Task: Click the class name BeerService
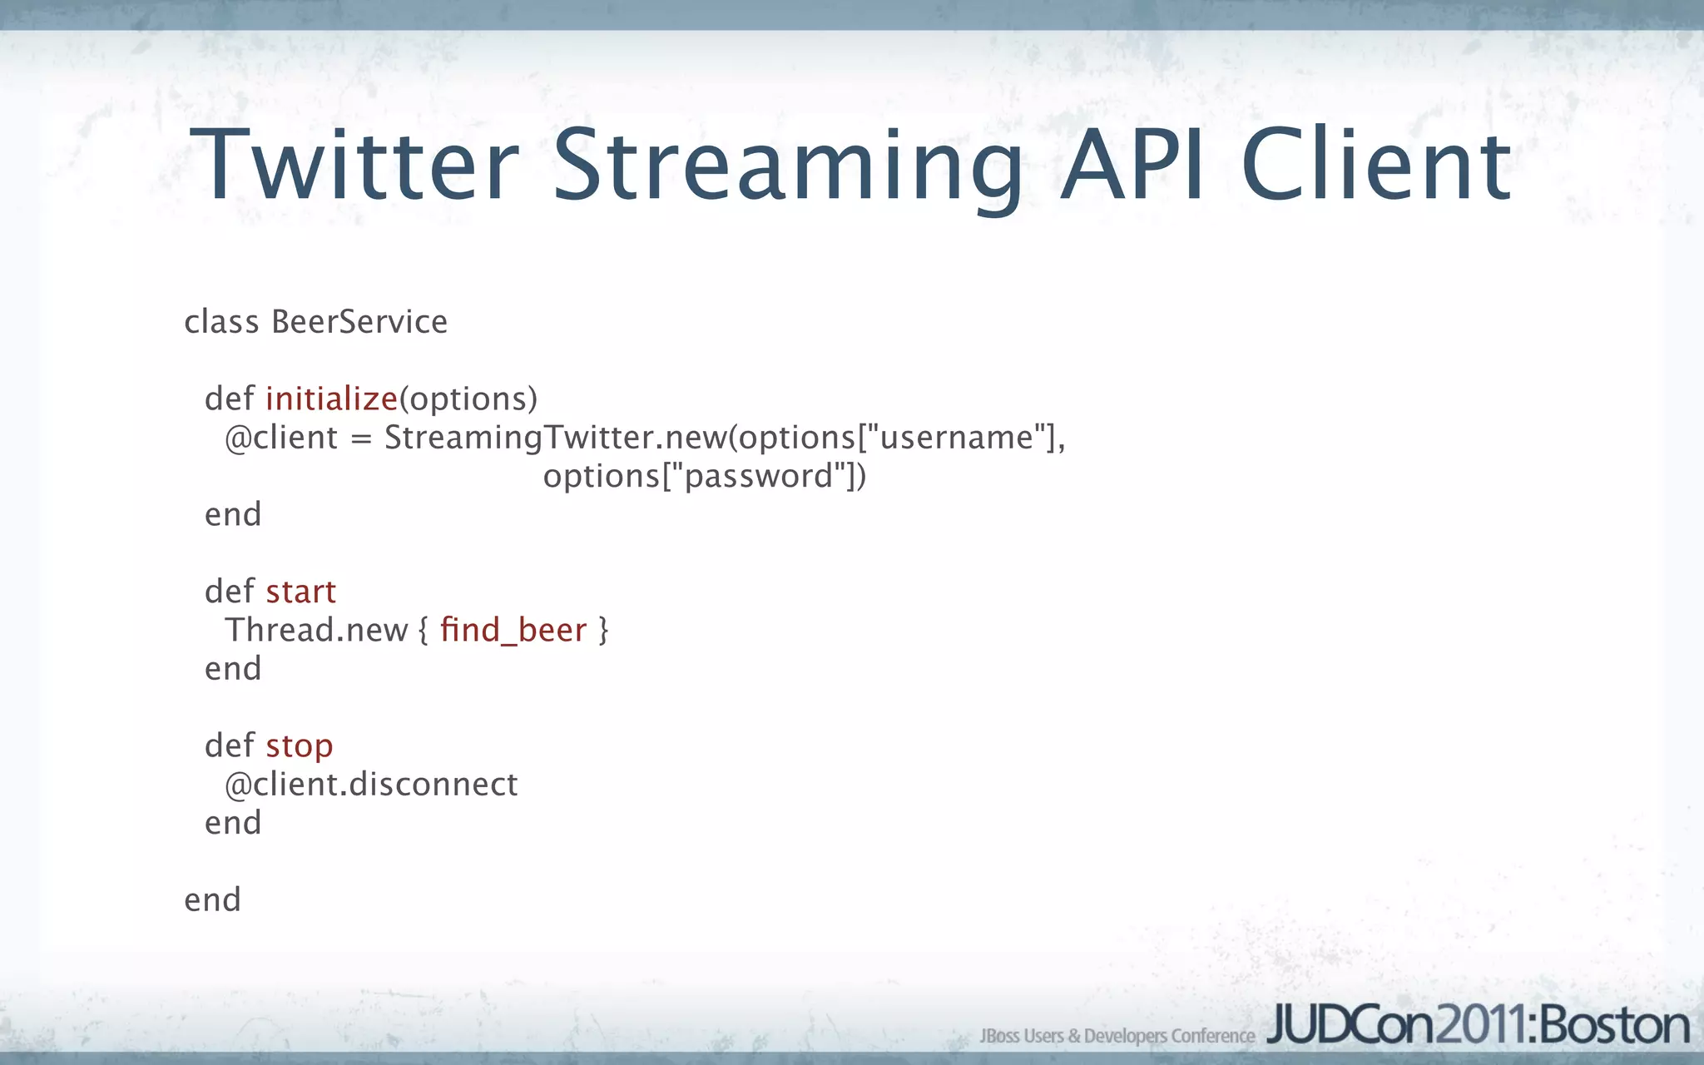point(359,322)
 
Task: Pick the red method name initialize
point(331,399)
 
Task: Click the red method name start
point(301,592)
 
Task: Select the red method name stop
point(300,746)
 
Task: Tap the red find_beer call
point(513,631)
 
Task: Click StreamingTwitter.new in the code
point(555,438)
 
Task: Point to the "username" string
point(955,438)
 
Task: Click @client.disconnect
point(371,785)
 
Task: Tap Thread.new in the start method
point(316,631)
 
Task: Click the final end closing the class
point(212,900)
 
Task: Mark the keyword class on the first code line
point(221,322)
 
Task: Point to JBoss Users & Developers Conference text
point(1117,1036)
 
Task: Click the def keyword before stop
point(229,746)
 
